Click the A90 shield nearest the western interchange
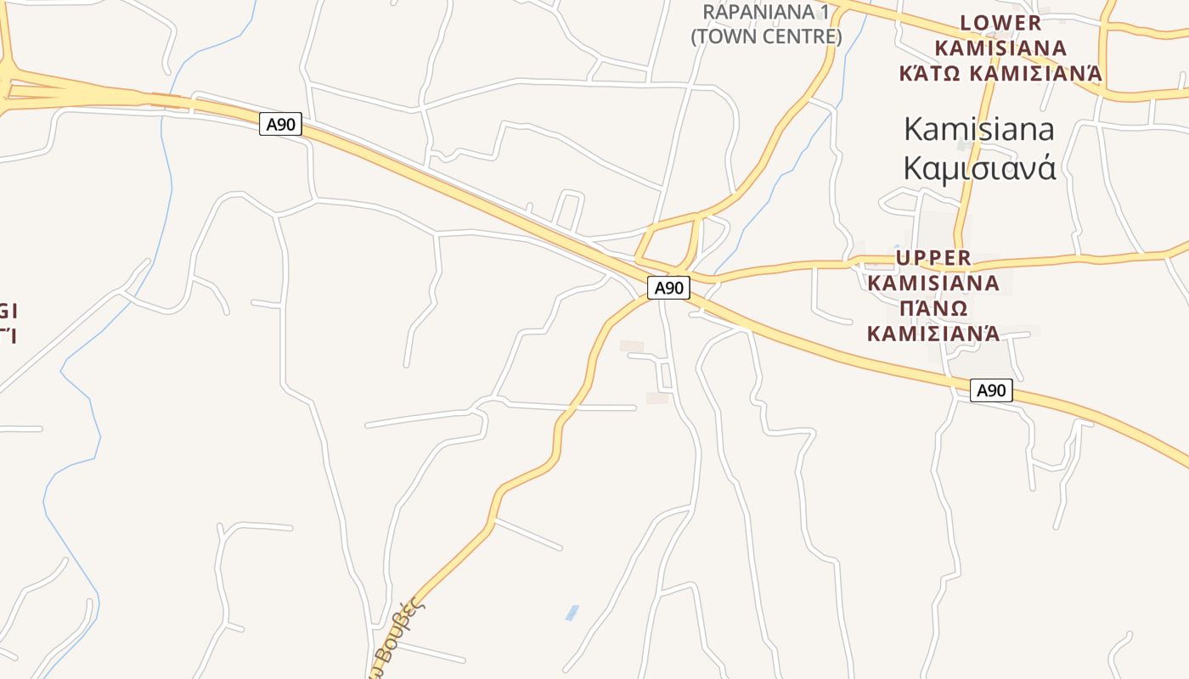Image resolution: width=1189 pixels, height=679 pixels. click(x=280, y=125)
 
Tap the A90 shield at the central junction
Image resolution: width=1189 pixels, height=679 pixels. click(x=668, y=288)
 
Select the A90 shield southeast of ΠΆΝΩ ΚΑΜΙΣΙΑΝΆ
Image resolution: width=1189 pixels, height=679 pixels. click(x=991, y=390)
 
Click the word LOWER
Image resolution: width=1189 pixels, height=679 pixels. click(x=1000, y=23)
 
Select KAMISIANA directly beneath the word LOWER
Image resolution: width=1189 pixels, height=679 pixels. click(x=1000, y=48)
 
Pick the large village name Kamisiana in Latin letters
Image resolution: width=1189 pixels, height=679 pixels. click(x=979, y=130)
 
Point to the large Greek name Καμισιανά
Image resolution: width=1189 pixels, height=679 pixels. click(x=979, y=168)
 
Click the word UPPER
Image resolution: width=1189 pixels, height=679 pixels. click(x=933, y=257)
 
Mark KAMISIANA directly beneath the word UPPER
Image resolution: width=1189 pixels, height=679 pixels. click(x=933, y=282)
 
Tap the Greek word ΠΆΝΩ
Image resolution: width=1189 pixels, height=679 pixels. click(x=933, y=307)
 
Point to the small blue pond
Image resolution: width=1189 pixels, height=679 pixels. click(x=572, y=613)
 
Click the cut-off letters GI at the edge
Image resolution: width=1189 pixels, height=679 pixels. click(x=8, y=310)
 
